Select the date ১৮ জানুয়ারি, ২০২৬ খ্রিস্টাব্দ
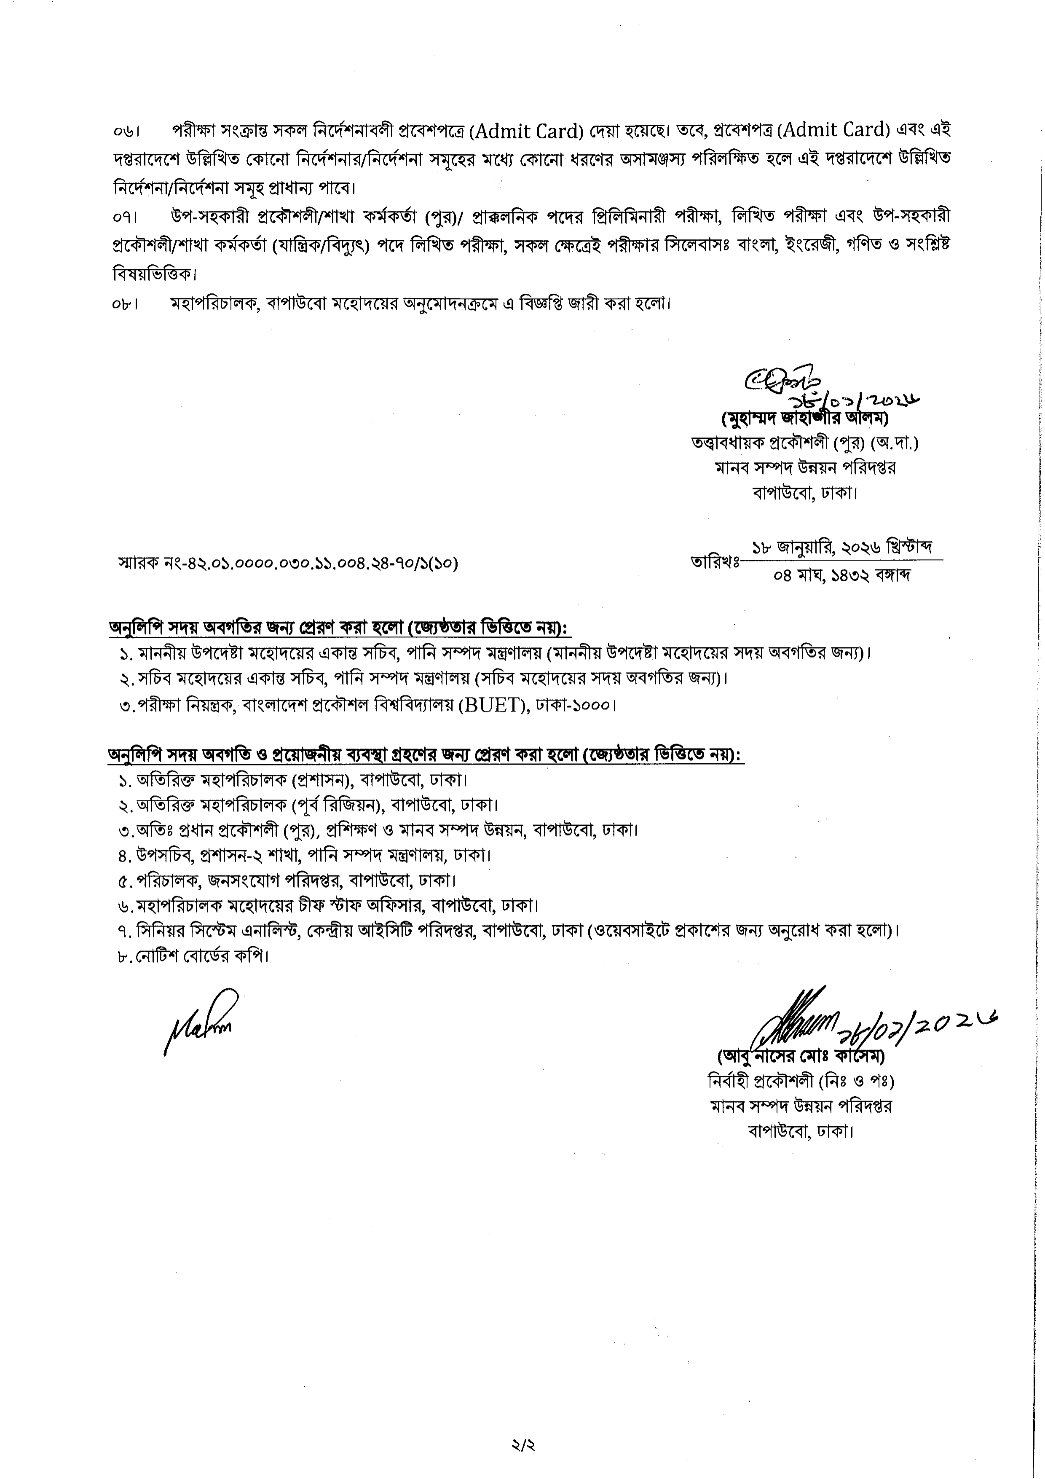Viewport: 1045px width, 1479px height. point(844,548)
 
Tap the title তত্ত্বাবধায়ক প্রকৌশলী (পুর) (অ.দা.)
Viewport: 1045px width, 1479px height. point(805,443)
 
